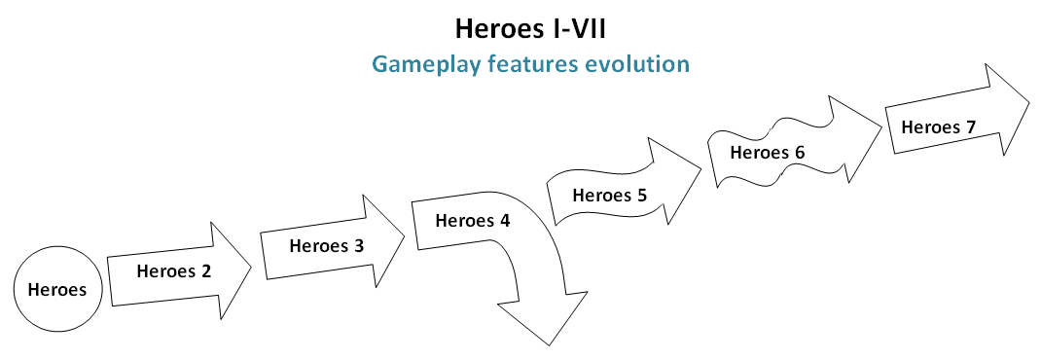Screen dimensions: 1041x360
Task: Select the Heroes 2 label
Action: point(174,271)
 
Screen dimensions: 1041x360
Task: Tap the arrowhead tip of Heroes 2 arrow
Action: point(252,268)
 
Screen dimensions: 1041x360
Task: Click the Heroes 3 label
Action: point(327,246)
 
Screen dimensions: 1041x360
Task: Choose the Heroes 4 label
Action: point(473,221)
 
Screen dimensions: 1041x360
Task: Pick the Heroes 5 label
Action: point(609,196)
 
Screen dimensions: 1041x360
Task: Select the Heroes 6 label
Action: point(768,153)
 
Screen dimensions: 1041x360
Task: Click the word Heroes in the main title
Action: point(494,29)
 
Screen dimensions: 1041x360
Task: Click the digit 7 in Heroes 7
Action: point(971,126)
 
